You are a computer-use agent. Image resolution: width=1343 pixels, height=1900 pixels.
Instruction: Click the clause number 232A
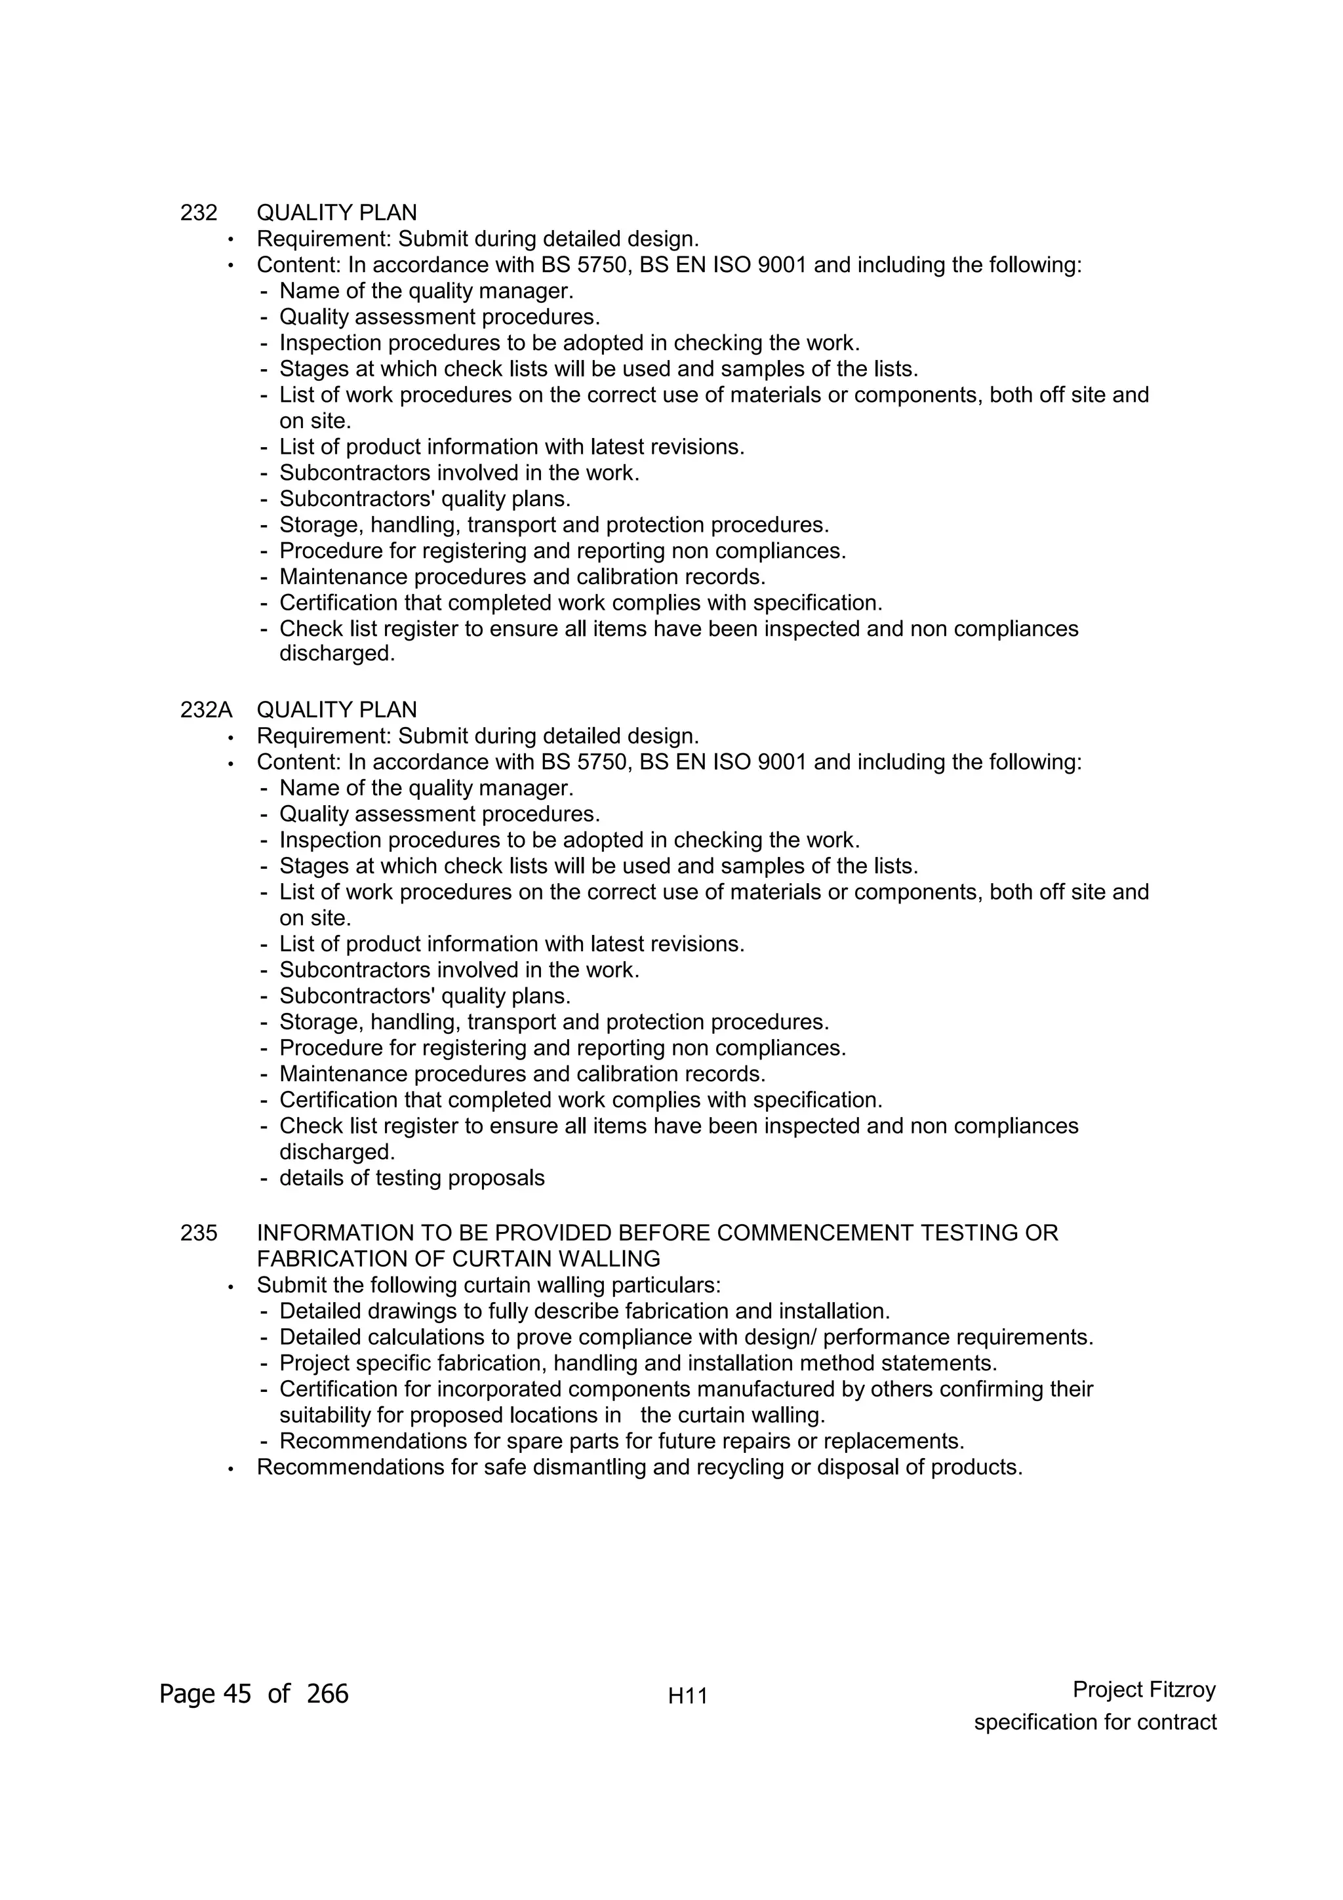coord(206,710)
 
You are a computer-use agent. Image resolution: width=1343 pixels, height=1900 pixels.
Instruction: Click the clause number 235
coord(199,1233)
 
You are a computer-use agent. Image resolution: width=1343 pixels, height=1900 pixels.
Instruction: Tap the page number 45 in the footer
coord(237,1694)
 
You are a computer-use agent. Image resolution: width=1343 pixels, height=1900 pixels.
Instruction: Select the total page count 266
coord(328,1694)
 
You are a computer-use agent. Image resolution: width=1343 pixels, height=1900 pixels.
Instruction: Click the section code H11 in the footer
coord(688,1697)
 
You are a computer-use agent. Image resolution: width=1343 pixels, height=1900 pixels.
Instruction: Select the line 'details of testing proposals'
coord(412,1178)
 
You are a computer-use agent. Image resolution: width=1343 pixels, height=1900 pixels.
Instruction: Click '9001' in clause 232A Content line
coord(782,762)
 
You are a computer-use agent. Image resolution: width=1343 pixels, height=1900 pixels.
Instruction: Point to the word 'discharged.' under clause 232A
coord(337,1152)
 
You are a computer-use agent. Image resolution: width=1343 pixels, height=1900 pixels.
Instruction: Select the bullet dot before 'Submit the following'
coord(231,1287)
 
